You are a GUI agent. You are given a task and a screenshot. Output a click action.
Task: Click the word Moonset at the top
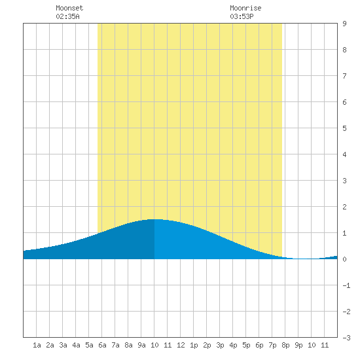point(69,8)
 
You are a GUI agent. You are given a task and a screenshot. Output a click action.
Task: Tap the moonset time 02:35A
point(67,16)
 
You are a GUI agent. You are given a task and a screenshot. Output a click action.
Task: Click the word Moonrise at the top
point(245,8)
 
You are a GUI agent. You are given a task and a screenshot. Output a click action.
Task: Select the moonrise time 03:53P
point(242,16)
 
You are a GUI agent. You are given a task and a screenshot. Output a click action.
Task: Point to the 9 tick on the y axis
point(344,24)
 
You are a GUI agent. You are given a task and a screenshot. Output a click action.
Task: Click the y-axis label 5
point(344,128)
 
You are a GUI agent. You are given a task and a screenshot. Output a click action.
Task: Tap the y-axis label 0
point(344,259)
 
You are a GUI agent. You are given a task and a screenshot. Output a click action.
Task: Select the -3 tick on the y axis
point(346,338)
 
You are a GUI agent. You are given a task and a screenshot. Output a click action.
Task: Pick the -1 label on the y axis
point(346,285)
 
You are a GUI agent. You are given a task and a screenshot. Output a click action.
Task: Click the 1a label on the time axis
point(37,345)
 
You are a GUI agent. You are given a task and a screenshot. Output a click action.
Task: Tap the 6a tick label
point(102,345)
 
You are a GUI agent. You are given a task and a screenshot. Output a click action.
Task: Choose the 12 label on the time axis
point(181,345)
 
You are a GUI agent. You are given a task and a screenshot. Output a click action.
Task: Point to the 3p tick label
point(220,345)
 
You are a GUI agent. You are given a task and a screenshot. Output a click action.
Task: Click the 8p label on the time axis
point(285,345)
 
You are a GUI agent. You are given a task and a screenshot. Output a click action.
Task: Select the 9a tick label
point(141,345)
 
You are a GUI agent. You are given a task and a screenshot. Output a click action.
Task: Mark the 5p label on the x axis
point(246,345)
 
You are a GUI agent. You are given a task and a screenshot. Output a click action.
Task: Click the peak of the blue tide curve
point(154,219)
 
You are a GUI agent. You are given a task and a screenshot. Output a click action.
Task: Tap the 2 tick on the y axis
point(344,207)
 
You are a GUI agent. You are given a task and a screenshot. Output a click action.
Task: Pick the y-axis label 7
point(344,76)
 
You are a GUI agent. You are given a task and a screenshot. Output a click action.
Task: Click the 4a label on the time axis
point(76,345)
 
